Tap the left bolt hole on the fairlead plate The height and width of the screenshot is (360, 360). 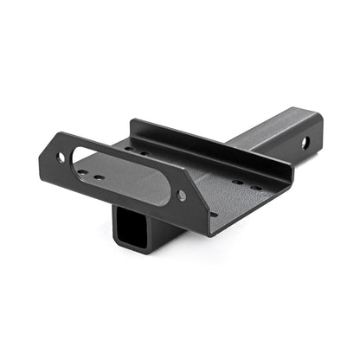pyautogui.click(x=61, y=157)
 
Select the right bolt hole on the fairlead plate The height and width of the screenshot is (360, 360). pyautogui.click(x=181, y=196)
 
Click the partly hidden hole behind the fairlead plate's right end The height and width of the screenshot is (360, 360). pyautogui.click(x=213, y=214)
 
